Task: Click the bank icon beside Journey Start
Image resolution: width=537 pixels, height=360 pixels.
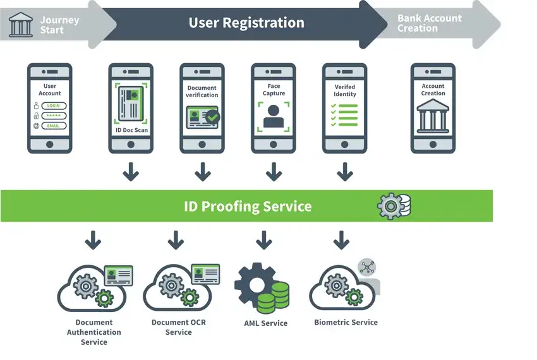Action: coord(21,25)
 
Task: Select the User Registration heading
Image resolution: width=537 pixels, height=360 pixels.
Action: coord(246,23)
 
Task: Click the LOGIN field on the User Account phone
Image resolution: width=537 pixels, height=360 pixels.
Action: coord(54,106)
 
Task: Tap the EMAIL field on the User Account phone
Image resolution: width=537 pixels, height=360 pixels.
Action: coord(54,126)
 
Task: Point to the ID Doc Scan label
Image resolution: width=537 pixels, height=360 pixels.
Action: coord(131,130)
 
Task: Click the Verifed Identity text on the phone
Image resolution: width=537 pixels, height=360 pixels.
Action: coord(345,90)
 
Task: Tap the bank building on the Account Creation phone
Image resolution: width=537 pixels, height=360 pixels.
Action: coord(433,117)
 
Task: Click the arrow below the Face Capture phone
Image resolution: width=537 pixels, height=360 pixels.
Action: coord(274,171)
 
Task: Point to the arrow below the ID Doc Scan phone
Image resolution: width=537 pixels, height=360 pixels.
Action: coord(131,171)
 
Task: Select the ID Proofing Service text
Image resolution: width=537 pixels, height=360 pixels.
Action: coord(248,207)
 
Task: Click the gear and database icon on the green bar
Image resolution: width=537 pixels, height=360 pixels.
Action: coord(394,205)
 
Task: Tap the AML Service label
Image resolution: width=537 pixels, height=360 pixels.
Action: coord(265,323)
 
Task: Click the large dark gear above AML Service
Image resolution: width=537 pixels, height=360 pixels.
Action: coord(254,283)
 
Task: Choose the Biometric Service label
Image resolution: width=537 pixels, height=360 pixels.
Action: coord(346,323)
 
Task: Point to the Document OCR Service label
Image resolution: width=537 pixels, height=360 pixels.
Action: coord(179,327)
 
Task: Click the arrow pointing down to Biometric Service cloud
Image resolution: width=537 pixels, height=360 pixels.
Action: coord(341,240)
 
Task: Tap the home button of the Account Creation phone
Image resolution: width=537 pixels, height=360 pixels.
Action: coord(433,145)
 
